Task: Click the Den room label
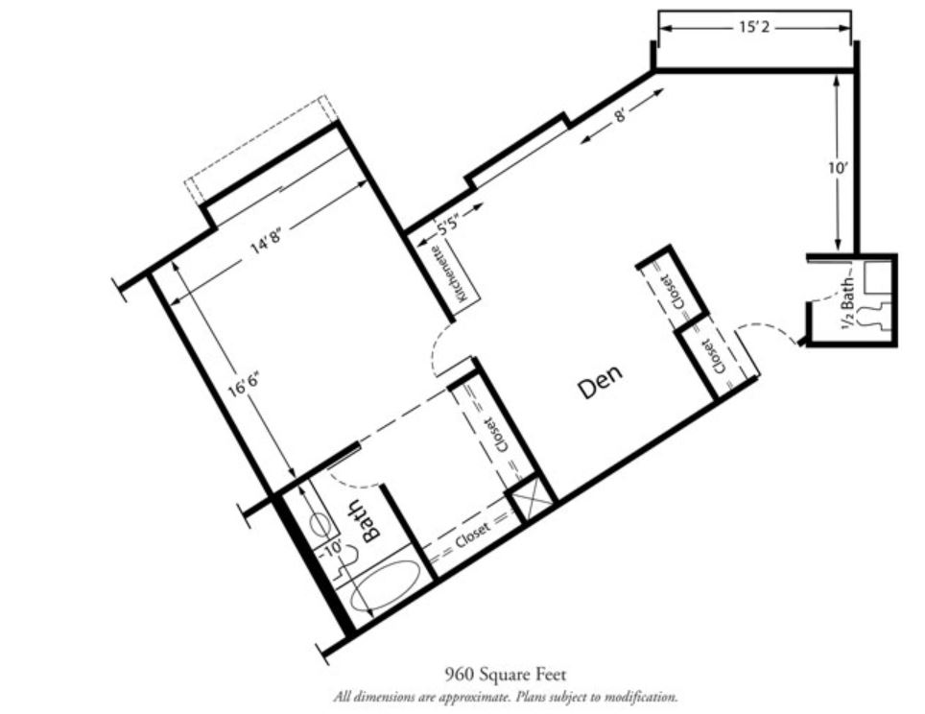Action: [x=600, y=382]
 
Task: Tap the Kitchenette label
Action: [x=451, y=274]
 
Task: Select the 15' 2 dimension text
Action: [x=754, y=27]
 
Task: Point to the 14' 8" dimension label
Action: [x=265, y=240]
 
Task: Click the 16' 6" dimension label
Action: [x=244, y=384]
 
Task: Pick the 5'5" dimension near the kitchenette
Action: [x=448, y=225]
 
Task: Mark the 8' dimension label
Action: [x=621, y=115]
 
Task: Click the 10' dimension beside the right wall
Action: [x=837, y=168]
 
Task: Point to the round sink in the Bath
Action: [x=320, y=523]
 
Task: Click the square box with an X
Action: [x=531, y=499]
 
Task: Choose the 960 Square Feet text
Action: [x=505, y=674]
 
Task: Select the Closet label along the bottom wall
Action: [x=473, y=535]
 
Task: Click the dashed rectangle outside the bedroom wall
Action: [x=256, y=149]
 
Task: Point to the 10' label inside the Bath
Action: [x=333, y=547]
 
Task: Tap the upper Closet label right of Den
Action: [x=673, y=292]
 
